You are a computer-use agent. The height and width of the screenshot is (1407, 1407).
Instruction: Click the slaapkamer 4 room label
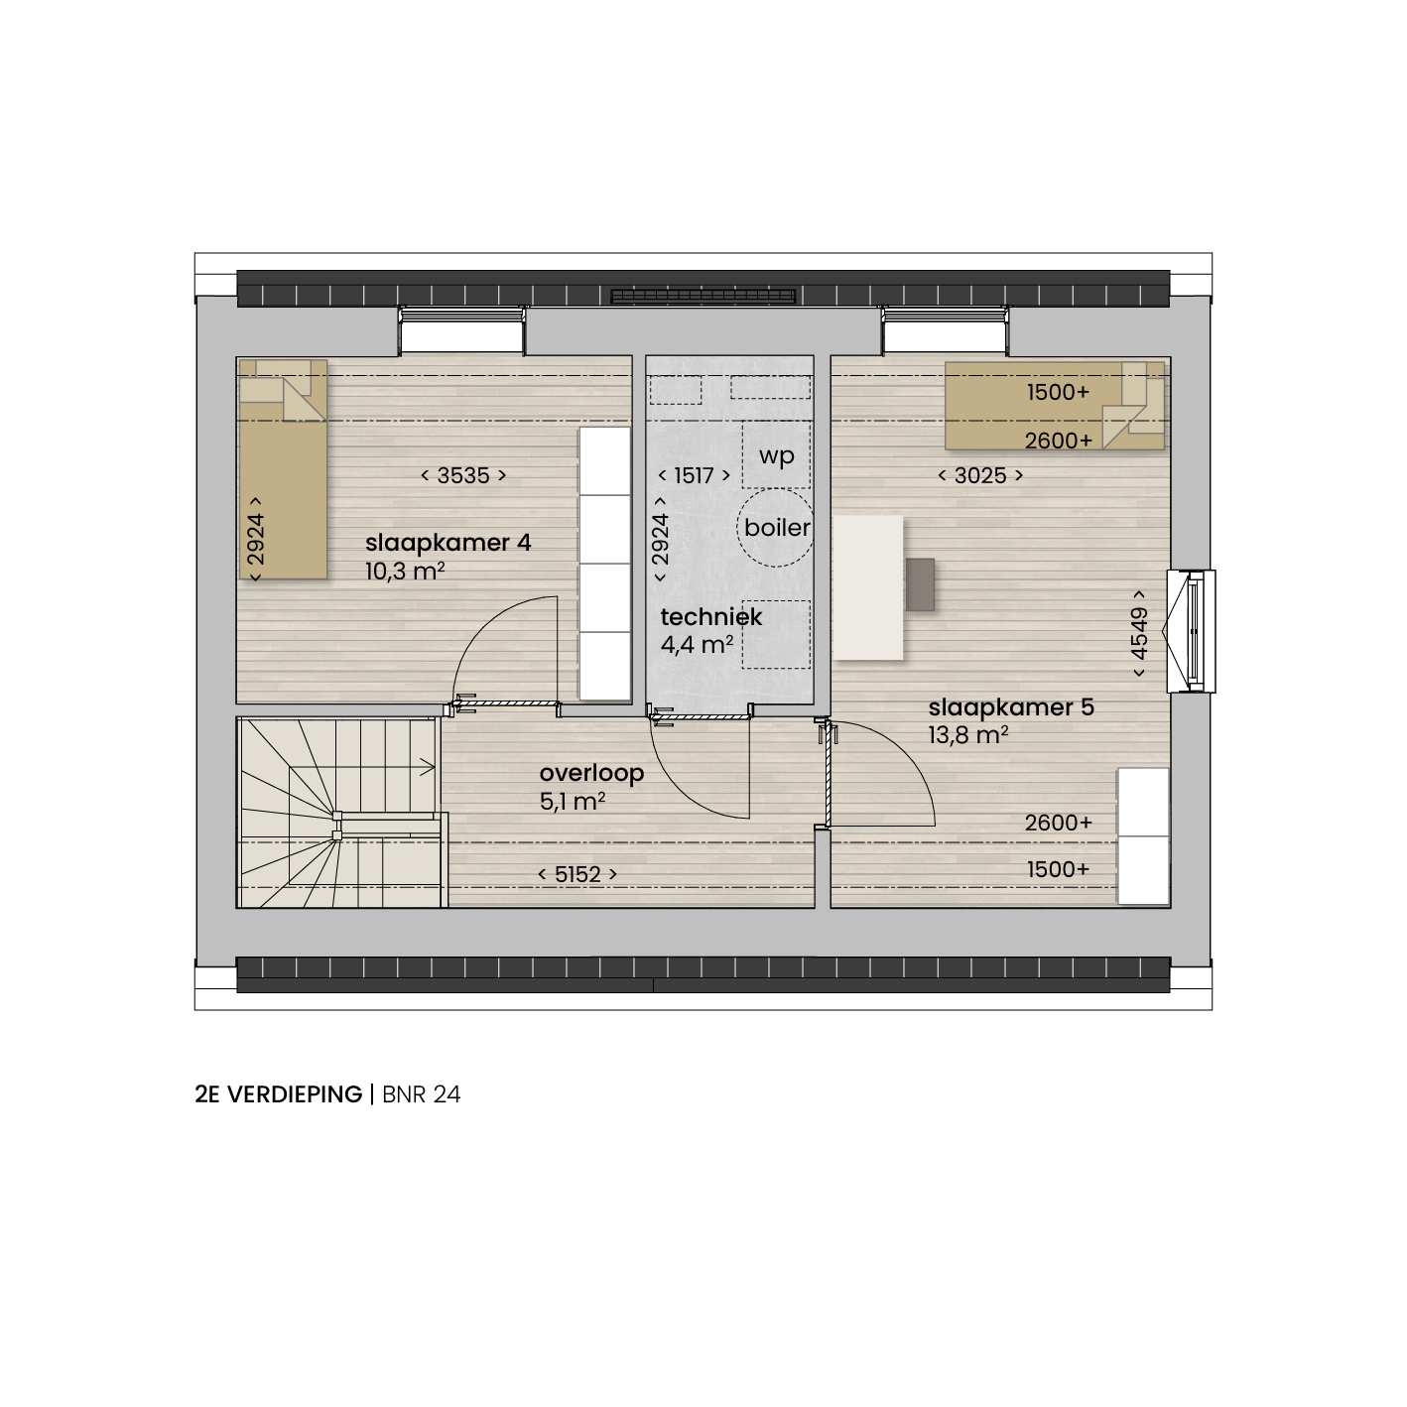click(448, 543)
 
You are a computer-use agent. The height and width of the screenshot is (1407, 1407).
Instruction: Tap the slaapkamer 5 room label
click(1011, 707)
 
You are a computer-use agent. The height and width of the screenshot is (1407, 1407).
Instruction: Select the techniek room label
click(711, 617)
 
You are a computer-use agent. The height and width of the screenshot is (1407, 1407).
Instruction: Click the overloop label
click(591, 773)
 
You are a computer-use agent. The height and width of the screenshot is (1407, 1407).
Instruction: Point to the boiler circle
click(775, 527)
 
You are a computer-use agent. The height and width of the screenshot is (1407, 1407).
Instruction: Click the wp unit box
click(776, 454)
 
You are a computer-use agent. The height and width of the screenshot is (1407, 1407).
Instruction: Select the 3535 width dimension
click(463, 476)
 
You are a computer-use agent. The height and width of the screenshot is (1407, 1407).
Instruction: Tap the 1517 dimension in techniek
click(694, 476)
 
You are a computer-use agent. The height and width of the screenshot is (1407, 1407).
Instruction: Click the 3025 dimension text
click(980, 476)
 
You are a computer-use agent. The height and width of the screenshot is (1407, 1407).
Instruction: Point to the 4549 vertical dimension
click(1139, 633)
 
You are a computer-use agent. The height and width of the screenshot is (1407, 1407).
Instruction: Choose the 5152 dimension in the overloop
click(577, 874)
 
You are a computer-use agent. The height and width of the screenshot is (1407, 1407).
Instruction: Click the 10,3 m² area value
click(405, 571)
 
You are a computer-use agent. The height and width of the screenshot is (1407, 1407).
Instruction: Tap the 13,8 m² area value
click(968, 734)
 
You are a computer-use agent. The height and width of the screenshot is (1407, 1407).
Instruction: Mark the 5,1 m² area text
click(573, 802)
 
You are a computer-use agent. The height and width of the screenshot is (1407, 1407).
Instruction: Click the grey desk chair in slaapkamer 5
click(920, 584)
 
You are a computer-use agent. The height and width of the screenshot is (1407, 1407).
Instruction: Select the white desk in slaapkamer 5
click(868, 588)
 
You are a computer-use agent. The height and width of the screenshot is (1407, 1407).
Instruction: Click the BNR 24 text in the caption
click(422, 1094)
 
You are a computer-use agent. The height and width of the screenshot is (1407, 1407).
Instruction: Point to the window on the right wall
click(1192, 631)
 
